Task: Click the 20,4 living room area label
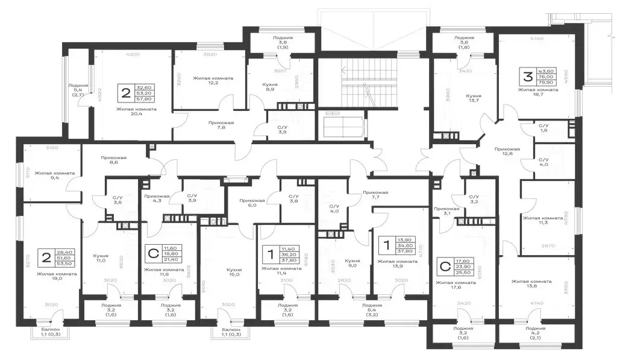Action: coord(137,113)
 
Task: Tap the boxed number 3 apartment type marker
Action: coord(527,77)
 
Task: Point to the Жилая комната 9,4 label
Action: coord(54,176)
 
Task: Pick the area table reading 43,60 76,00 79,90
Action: coord(549,77)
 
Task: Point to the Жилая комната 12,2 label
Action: coord(213,81)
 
